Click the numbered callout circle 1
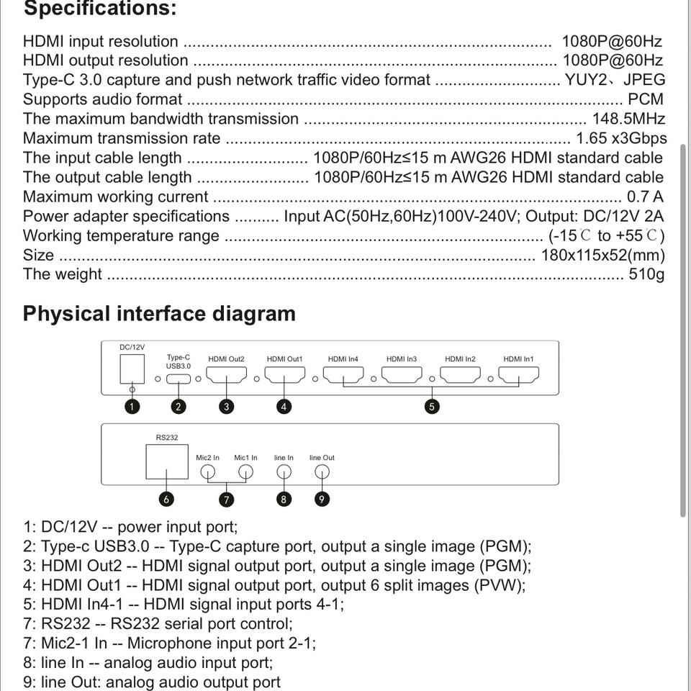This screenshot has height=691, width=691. [x=132, y=407]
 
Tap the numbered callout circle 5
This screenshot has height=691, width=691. [x=432, y=407]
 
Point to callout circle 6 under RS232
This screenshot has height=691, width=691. [x=166, y=499]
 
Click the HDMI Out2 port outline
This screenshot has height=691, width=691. [x=226, y=376]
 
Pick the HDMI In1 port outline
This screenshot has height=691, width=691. [x=518, y=376]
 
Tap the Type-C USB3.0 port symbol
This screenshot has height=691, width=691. [x=179, y=379]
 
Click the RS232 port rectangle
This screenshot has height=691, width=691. [x=166, y=461]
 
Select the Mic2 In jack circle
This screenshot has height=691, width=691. [x=207, y=472]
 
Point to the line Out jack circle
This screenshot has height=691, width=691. [x=322, y=472]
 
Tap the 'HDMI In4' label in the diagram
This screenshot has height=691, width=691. [x=343, y=359]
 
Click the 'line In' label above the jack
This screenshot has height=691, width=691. [x=284, y=458]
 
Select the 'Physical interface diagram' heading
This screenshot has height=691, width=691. [x=159, y=314]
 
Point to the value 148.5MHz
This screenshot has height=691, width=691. [x=628, y=119]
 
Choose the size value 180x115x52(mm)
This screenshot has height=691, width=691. [x=602, y=255]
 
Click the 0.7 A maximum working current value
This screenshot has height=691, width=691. [x=645, y=197]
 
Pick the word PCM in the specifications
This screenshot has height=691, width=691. [x=646, y=99]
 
